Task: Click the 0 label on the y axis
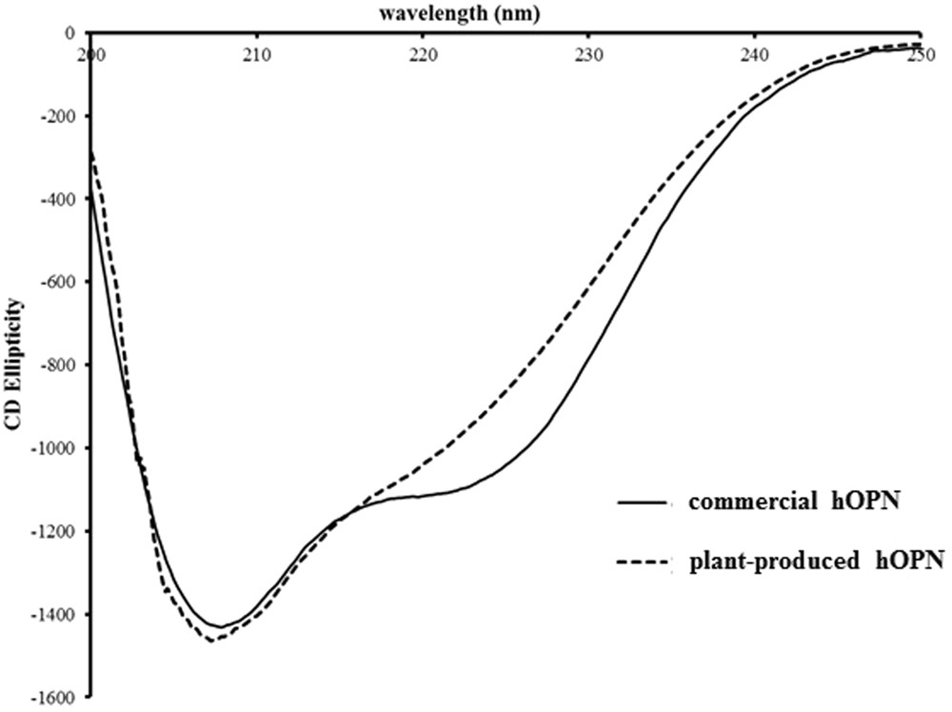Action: click(x=69, y=33)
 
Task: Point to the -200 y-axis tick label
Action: click(x=56, y=116)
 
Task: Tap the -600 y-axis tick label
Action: click(x=56, y=282)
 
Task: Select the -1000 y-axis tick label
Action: click(x=52, y=448)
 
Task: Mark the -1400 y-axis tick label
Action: click(x=52, y=614)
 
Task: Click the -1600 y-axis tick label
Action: click(x=52, y=698)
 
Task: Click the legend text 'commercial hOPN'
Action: click(x=796, y=504)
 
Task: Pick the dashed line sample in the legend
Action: click(x=650, y=563)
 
